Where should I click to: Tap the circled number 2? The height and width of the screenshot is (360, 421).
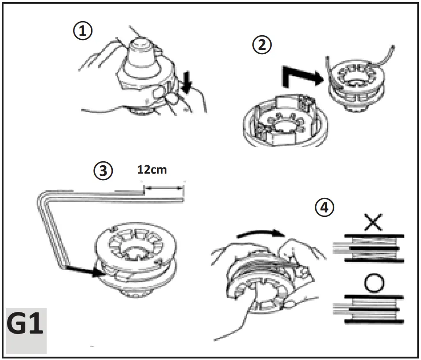coord(262,45)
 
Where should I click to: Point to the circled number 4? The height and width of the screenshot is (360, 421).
coord(325,208)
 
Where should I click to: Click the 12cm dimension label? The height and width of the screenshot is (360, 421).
coord(152,170)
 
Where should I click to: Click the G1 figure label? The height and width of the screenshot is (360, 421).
coord(25,326)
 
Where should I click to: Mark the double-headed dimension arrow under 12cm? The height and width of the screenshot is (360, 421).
coord(164,188)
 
